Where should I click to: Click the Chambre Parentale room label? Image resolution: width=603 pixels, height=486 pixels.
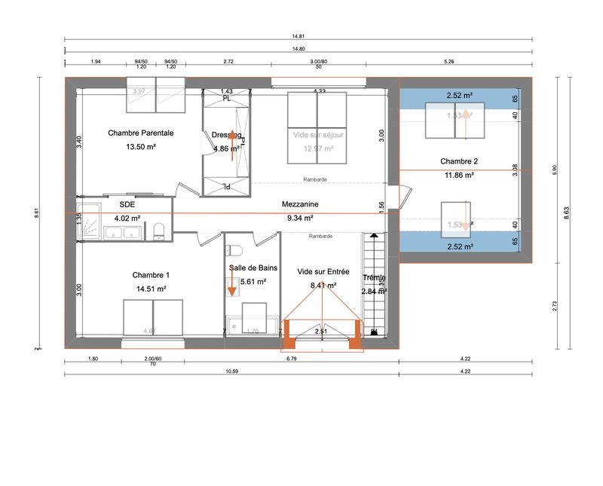pyautogui.click(x=141, y=133)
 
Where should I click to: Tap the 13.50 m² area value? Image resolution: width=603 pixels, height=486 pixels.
pyautogui.click(x=141, y=148)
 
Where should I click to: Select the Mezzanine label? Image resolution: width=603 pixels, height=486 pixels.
pyautogui.click(x=299, y=204)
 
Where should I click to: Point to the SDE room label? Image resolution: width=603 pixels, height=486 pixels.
pyautogui.click(x=127, y=204)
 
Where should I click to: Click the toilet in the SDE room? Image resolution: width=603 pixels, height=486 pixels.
pyautogui.click(x=158, y=230)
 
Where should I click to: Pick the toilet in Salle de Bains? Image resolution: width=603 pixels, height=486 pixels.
pyautogui.click(x=234, y=250)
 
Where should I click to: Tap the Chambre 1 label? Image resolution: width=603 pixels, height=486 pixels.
pyautogui.click(x=151, y=275)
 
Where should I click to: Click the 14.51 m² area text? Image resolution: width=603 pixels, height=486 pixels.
pyautogui.click(x=151, y=289)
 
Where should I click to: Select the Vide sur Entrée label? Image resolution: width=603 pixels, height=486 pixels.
pyautogui.click(x=323, y=271)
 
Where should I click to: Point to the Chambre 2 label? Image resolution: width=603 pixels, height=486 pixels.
pyautogui.click(x=459, y=161)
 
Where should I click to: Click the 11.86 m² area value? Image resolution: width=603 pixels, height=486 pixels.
pyautogui.click(x=459, y=175)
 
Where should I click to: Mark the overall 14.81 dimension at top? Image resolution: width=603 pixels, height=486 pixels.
pyautogui.click(x=300, y=35)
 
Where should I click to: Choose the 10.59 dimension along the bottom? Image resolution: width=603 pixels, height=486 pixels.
pyautogui.click(x=231, y=371)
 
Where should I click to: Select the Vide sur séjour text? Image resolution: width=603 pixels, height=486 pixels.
pyautogui.click(x=317, y=134)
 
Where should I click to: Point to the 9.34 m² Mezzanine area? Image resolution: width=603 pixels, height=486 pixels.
pyautogui.click(x=299, y=218)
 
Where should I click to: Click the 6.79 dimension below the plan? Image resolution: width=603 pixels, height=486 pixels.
pyautogui.click(x=291, y=359)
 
